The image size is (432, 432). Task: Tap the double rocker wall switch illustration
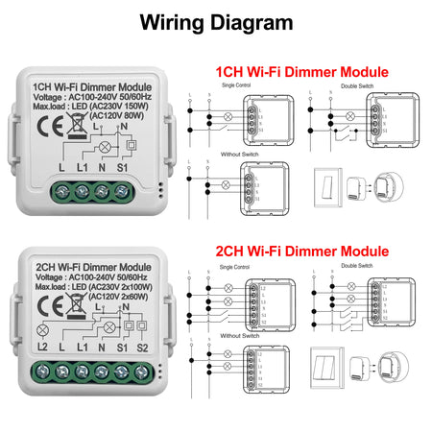[324, 369]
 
